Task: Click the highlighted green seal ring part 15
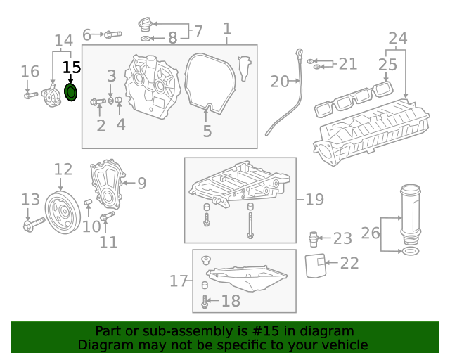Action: coord(71,92)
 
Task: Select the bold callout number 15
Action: coord(72,67)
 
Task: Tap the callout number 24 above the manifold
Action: coord(397,38)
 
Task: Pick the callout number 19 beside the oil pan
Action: coord(314,200)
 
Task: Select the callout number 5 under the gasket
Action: coord(207,131)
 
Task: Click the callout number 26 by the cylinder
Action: coord(370,233)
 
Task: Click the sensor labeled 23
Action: coord(315,238)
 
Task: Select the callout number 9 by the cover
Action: coord(141,184)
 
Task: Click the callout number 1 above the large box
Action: coord(227,29)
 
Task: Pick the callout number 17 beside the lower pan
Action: coord(179,281)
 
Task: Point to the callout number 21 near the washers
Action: coord(347,64)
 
